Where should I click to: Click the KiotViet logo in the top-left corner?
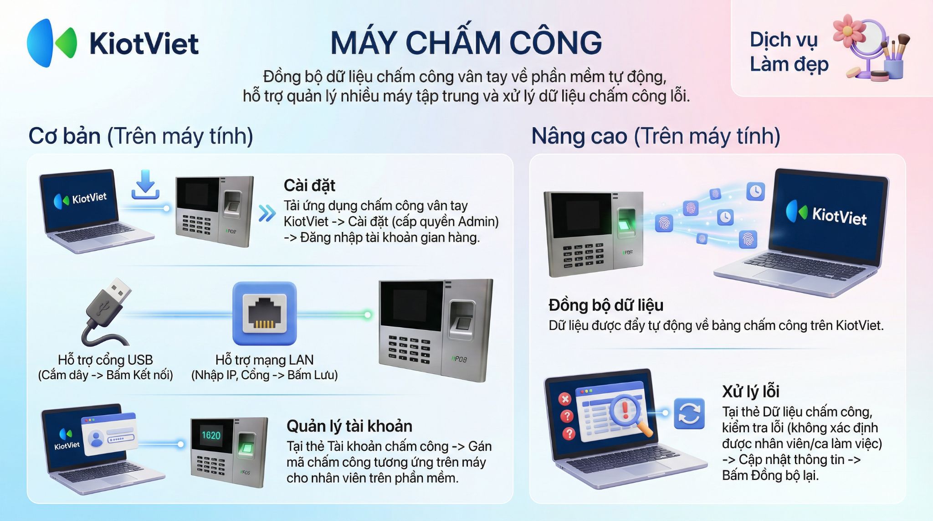click(113, 43)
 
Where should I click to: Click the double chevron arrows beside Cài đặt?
click(267, 213)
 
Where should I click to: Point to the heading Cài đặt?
click(309, 186)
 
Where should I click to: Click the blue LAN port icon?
click(264, 314)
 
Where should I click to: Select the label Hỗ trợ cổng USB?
click(105, 360)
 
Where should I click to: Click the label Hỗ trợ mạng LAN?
click(264, 360)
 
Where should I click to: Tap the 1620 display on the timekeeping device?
click(211, 435)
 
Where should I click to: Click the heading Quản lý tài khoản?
click(349, 426)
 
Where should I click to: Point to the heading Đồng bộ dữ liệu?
click(606, 305)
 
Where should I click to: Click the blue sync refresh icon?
click(689, 413)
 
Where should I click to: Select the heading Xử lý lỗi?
click(751, 391)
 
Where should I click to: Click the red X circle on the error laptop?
click(565, 399)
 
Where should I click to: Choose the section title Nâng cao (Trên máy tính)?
click(656, 136)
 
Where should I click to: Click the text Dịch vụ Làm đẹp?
click(789, 52)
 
